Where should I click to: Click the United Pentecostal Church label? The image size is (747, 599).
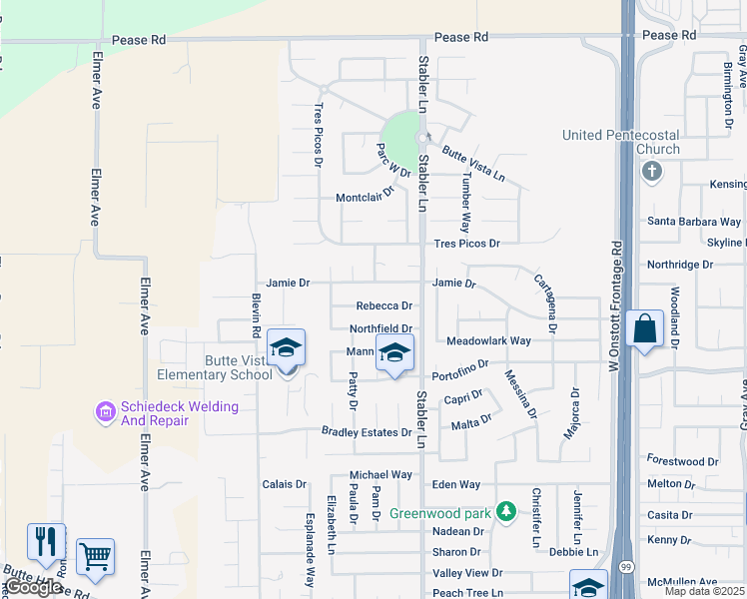click(x=620, y=142)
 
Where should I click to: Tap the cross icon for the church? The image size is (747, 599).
click(x=651, y=171)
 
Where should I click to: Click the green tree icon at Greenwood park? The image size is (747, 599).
click(x=507, y=512)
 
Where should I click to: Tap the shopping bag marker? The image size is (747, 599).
click(x=645, y=328)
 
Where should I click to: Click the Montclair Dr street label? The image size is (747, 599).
click(x=365, y=197)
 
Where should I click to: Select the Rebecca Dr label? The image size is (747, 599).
click(x=384, y=305)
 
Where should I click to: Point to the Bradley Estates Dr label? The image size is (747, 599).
click(x=367, y=432)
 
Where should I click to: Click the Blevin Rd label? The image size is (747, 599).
click(x=257, y=315)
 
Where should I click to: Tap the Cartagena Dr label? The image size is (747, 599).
click(x=544, y=301)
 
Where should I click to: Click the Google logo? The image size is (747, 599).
click(x=32, y=588)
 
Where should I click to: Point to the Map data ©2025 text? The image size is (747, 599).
click(x=704, y=591)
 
